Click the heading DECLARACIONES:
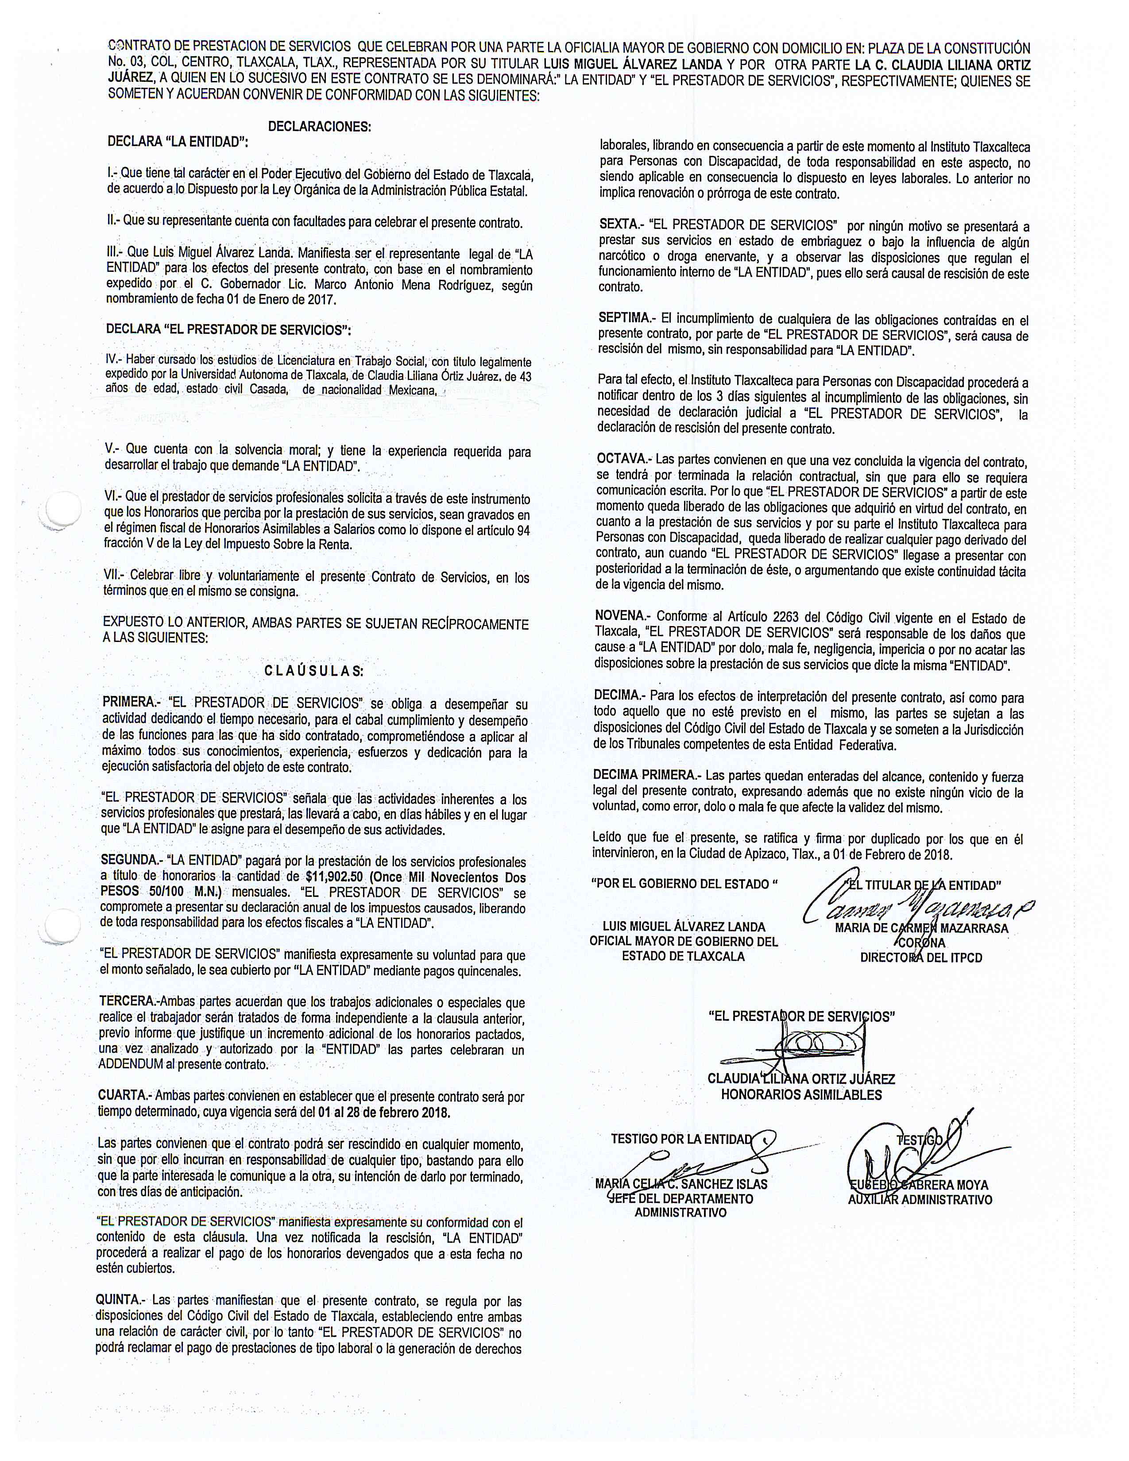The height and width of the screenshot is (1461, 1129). click(319, 127)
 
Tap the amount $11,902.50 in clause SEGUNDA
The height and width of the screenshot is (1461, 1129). click(335, 877)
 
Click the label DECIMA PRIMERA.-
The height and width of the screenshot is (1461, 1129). click(647, 775)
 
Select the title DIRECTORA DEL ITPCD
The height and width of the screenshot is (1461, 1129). click(921, 957)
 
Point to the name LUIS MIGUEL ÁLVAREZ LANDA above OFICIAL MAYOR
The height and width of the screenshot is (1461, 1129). click(684, 927)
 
